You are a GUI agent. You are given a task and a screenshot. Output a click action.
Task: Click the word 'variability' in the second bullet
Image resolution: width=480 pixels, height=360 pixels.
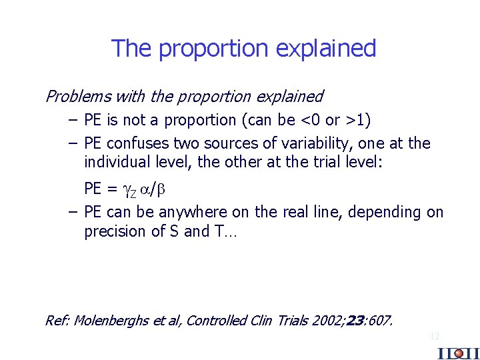[x=328, y=143]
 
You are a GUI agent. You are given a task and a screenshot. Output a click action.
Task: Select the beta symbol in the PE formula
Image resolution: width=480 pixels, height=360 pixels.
[x=160, y=189]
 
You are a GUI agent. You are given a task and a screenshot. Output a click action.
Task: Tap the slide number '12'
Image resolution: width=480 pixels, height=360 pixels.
[x=435, y=336]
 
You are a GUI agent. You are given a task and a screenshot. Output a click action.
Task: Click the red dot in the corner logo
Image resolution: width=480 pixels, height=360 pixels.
[x=459, y=353]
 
